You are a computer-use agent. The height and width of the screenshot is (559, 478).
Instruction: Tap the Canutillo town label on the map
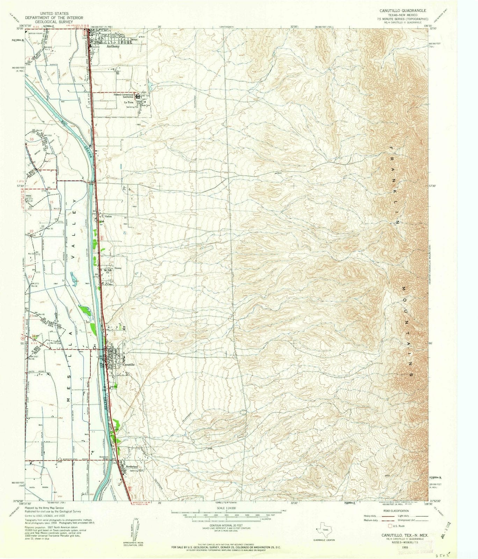(129, 364)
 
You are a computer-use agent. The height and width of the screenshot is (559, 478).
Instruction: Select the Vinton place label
(108, 216)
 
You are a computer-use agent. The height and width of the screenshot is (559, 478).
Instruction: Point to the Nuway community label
(118, 268)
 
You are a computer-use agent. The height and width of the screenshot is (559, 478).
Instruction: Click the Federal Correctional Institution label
(124, 96)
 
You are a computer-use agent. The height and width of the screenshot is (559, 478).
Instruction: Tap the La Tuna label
(128, 102)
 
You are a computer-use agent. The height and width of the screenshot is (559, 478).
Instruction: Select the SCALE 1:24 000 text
(227, 508)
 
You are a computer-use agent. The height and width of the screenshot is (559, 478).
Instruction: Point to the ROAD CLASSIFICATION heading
(396, 511)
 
